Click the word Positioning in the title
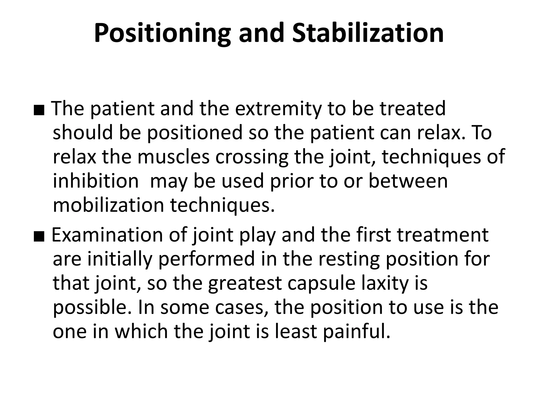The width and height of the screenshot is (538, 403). (x=162, y=34)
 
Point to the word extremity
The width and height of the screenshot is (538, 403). (x=278, y=109)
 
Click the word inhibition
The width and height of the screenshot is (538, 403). (x=96, y=181)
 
